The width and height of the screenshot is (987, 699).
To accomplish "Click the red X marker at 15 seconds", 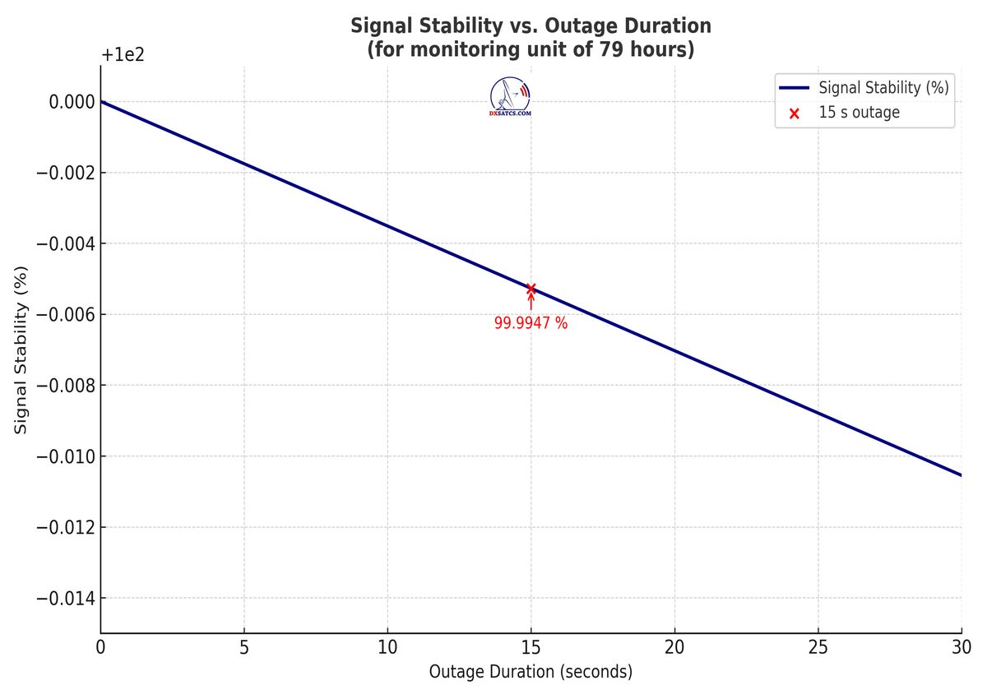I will [531, 289].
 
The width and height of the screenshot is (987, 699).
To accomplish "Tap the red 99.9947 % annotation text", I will [531, 323].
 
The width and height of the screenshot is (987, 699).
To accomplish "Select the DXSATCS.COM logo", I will [510, 97].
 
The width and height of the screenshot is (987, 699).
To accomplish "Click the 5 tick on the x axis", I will [244, 648].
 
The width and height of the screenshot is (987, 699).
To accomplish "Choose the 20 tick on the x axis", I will [674, 648].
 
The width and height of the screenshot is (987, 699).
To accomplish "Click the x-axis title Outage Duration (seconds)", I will [531, 672].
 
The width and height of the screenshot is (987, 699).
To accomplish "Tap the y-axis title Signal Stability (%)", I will [22, 349].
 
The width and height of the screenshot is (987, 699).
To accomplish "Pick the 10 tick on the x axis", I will [387, 648].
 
